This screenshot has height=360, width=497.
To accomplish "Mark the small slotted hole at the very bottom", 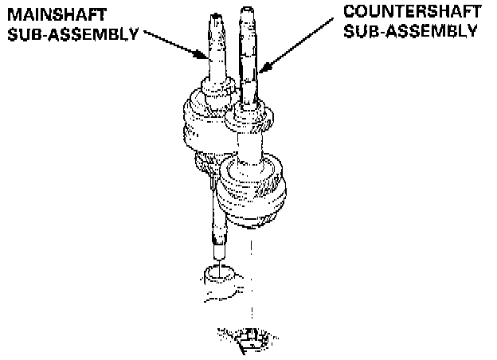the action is (x=251, y=341).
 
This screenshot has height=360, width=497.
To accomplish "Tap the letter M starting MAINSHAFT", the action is (x=10, y=14).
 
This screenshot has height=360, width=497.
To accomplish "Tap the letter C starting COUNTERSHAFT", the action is (x=350, y=12).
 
